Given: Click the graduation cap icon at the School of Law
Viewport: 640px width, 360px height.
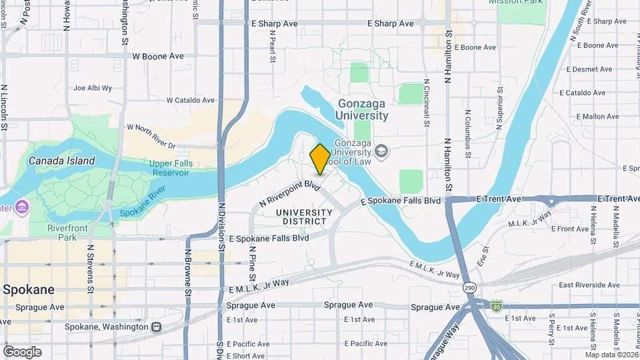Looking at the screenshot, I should click(381, 151).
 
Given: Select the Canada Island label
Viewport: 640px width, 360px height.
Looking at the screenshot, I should click(61, 161).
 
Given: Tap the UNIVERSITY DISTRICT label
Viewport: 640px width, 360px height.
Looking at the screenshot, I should click(303, 217).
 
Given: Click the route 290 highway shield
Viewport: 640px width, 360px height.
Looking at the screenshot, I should click(471, 286).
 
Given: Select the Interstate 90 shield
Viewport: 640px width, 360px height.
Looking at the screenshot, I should click(496, 306).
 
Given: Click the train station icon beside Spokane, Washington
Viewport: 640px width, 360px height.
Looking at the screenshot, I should click(156, 327).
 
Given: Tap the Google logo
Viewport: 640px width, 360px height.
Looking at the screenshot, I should click(22, 351).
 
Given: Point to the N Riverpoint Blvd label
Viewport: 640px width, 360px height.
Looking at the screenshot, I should click(290, 192).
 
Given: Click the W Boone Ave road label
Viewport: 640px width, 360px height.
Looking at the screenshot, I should click(158, 57).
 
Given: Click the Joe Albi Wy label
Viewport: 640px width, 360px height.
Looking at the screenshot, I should click(93, 87).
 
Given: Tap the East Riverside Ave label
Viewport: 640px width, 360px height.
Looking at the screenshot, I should click(589, 285).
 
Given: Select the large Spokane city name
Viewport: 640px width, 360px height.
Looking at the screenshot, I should click(28, 290).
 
